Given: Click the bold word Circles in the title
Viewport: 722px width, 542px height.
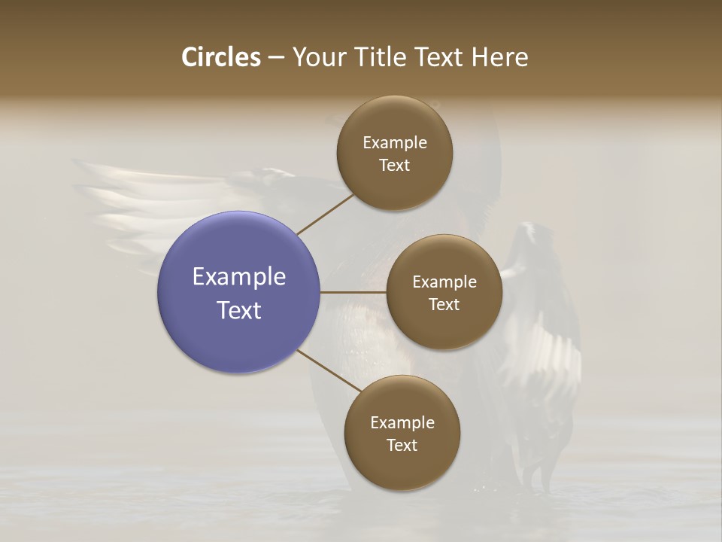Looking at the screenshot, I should [x=221, y=57].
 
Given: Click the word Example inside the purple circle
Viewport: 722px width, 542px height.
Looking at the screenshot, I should [x=239, y=277].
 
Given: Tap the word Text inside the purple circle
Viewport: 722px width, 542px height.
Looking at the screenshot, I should [x=239, y=310].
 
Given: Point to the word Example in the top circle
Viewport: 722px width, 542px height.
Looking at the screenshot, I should [x=395, y=142].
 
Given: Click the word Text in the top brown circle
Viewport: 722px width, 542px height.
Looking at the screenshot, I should [x=395, y=165].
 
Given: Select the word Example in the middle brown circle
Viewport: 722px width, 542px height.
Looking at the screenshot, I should [x=444, y=282].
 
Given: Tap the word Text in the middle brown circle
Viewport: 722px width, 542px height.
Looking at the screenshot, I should [x=444, y=304].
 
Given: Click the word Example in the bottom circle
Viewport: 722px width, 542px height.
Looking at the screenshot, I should [x=402, y=422].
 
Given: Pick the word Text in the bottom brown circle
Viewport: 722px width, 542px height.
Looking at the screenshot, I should [x=402, y=445].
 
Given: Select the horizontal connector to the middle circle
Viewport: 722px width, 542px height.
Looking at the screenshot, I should [x=353, y=292].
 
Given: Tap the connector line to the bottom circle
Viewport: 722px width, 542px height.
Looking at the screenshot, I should [x=329, y=371].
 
